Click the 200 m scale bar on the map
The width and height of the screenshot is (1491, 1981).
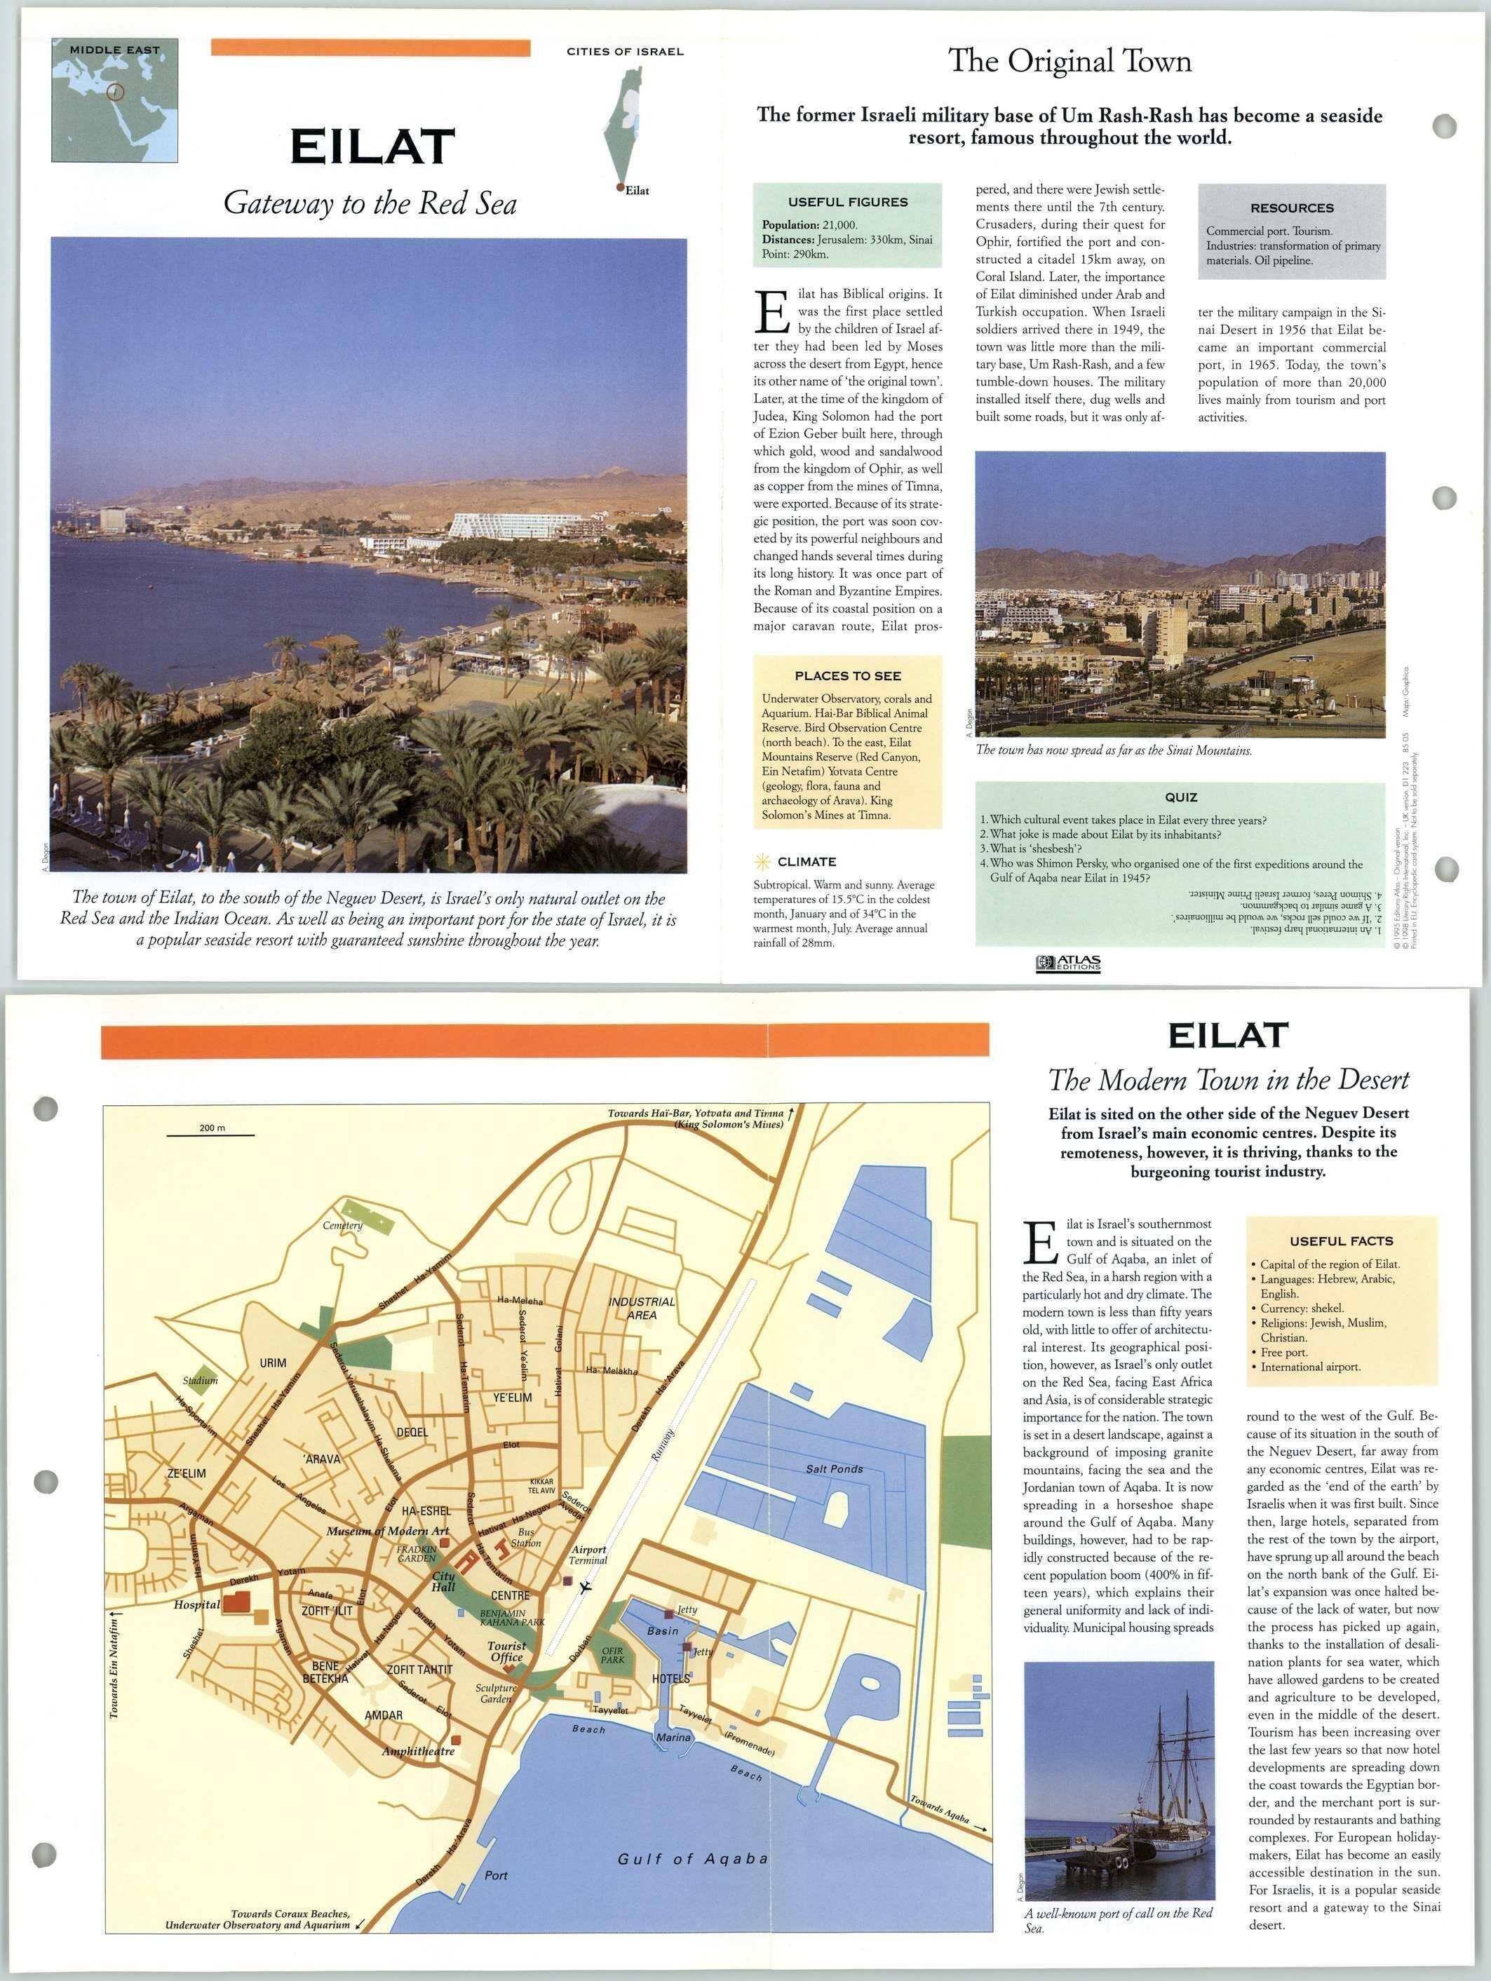pos(210,1135)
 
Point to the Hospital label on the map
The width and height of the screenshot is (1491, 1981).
pos(197,1605)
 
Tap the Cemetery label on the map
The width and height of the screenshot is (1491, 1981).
pos(342,1225)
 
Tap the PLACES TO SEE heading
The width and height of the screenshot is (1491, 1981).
pos(847,676)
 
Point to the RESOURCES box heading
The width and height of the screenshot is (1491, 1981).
pos(1291,208)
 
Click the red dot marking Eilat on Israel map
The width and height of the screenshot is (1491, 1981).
pos(619,187)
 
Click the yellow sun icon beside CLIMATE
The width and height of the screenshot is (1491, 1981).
pos(763,862)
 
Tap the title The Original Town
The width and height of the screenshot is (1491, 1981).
pos(1070,61)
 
